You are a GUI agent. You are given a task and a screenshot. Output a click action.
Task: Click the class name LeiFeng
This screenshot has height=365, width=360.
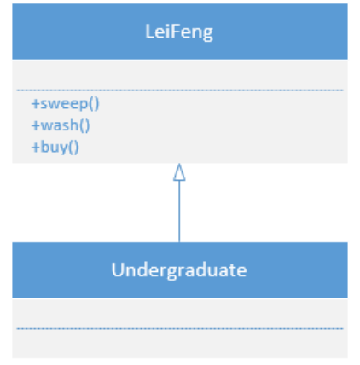pos(179,32)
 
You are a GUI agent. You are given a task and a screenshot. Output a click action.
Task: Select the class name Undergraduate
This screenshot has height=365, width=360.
pos(179,270)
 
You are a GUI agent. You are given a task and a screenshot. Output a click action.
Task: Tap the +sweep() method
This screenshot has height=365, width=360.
pos(65,103)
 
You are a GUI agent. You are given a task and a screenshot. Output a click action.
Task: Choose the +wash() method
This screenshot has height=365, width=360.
pos(61,125)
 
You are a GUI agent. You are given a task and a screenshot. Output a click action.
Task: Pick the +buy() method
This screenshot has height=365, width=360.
pos(55,148)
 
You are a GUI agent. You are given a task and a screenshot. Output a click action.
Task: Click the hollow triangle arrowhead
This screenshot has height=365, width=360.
pos(179,172)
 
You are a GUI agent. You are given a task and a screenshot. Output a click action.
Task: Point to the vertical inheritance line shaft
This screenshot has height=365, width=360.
pos(179,211)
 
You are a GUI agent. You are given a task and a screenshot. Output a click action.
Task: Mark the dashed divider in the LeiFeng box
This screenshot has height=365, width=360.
pos(180,90)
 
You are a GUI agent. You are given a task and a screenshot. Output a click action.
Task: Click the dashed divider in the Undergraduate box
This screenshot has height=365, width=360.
pos(180,328)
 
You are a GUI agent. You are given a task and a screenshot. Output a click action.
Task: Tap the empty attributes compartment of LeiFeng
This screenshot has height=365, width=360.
pos(180,75)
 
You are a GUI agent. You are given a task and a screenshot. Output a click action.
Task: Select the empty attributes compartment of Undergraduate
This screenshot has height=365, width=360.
pos(180,313)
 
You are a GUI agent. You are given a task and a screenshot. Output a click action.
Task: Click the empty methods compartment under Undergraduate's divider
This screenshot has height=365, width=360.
pos(180,344)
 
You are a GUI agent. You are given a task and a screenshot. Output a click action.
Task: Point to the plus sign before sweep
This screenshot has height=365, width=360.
pos(35,104)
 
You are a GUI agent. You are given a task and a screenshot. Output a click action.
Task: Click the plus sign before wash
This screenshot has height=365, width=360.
pos(35,125)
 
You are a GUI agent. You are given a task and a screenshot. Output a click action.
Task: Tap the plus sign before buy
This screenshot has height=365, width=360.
pos(35,148)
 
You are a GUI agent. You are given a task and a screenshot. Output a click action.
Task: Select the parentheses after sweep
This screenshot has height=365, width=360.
pos(94,104)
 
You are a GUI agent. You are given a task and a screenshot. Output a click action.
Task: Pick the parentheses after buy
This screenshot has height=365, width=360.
pos(73,148)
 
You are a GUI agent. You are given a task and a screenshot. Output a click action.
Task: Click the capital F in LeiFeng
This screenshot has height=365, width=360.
pos(176,32)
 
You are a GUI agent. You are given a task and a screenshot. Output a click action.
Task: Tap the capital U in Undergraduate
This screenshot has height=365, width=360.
pos(118,269)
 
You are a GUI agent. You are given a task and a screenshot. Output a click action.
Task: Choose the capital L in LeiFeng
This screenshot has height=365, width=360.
pos(149,32)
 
